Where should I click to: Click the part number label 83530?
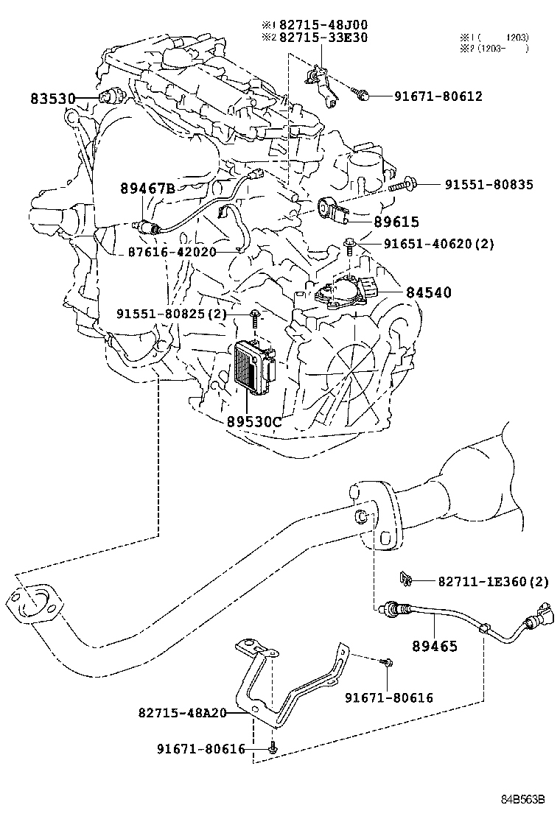(55, 98)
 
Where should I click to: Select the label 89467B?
(147, 189)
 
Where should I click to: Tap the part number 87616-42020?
(169, 251)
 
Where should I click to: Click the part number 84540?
(427, 292)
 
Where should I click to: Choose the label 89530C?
(253, 422)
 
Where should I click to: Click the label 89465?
(435, 646)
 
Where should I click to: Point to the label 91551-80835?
(489, 185)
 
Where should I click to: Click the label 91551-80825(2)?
(171, 314)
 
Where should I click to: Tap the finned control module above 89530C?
(252, 366)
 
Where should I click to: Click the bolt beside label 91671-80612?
(362, 94)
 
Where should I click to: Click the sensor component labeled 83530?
(114, 96)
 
